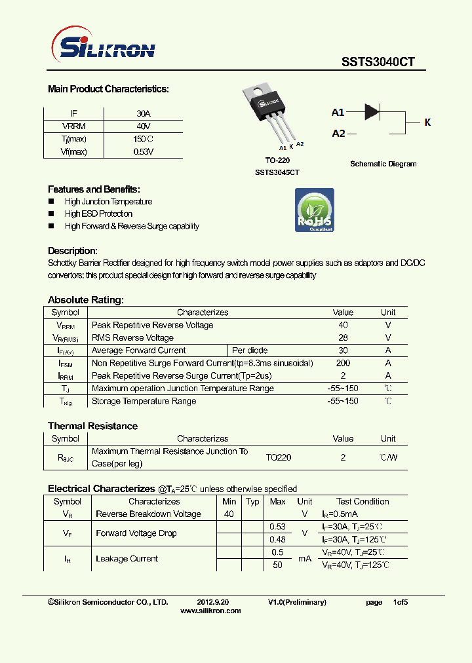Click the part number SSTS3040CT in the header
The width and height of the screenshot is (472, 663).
click(x=378, y=62)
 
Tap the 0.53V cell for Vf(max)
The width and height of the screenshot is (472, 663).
click(x=144, y=151)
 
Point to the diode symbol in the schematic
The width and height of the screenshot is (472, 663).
click(x=372, y=111)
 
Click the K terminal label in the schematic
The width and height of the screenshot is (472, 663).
click(x=427, y=123)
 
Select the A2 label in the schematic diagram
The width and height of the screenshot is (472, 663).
click(x=338, y=134)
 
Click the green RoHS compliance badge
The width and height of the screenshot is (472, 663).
click(x=314, y=210)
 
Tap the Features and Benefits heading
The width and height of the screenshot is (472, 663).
click(x=94, y=189)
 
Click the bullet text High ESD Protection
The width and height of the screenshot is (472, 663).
click(x=98, y=214)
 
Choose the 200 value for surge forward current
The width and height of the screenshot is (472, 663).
click(x=343, y=363)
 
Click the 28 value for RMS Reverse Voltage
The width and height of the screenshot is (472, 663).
click(x=343, y=338)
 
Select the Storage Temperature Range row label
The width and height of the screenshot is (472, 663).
click(x=144, y=401)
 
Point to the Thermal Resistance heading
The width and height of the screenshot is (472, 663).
click(x=92, y=426)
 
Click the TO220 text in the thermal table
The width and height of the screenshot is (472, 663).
click(x=279, y=457)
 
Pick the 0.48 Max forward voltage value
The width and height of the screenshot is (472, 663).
click(x=277, y=540)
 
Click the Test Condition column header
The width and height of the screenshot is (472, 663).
click(x=363, y=502)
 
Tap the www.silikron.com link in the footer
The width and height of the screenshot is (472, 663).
click(x=210, y=611)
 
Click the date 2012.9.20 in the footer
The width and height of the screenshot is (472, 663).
click(x=213, y=602)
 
